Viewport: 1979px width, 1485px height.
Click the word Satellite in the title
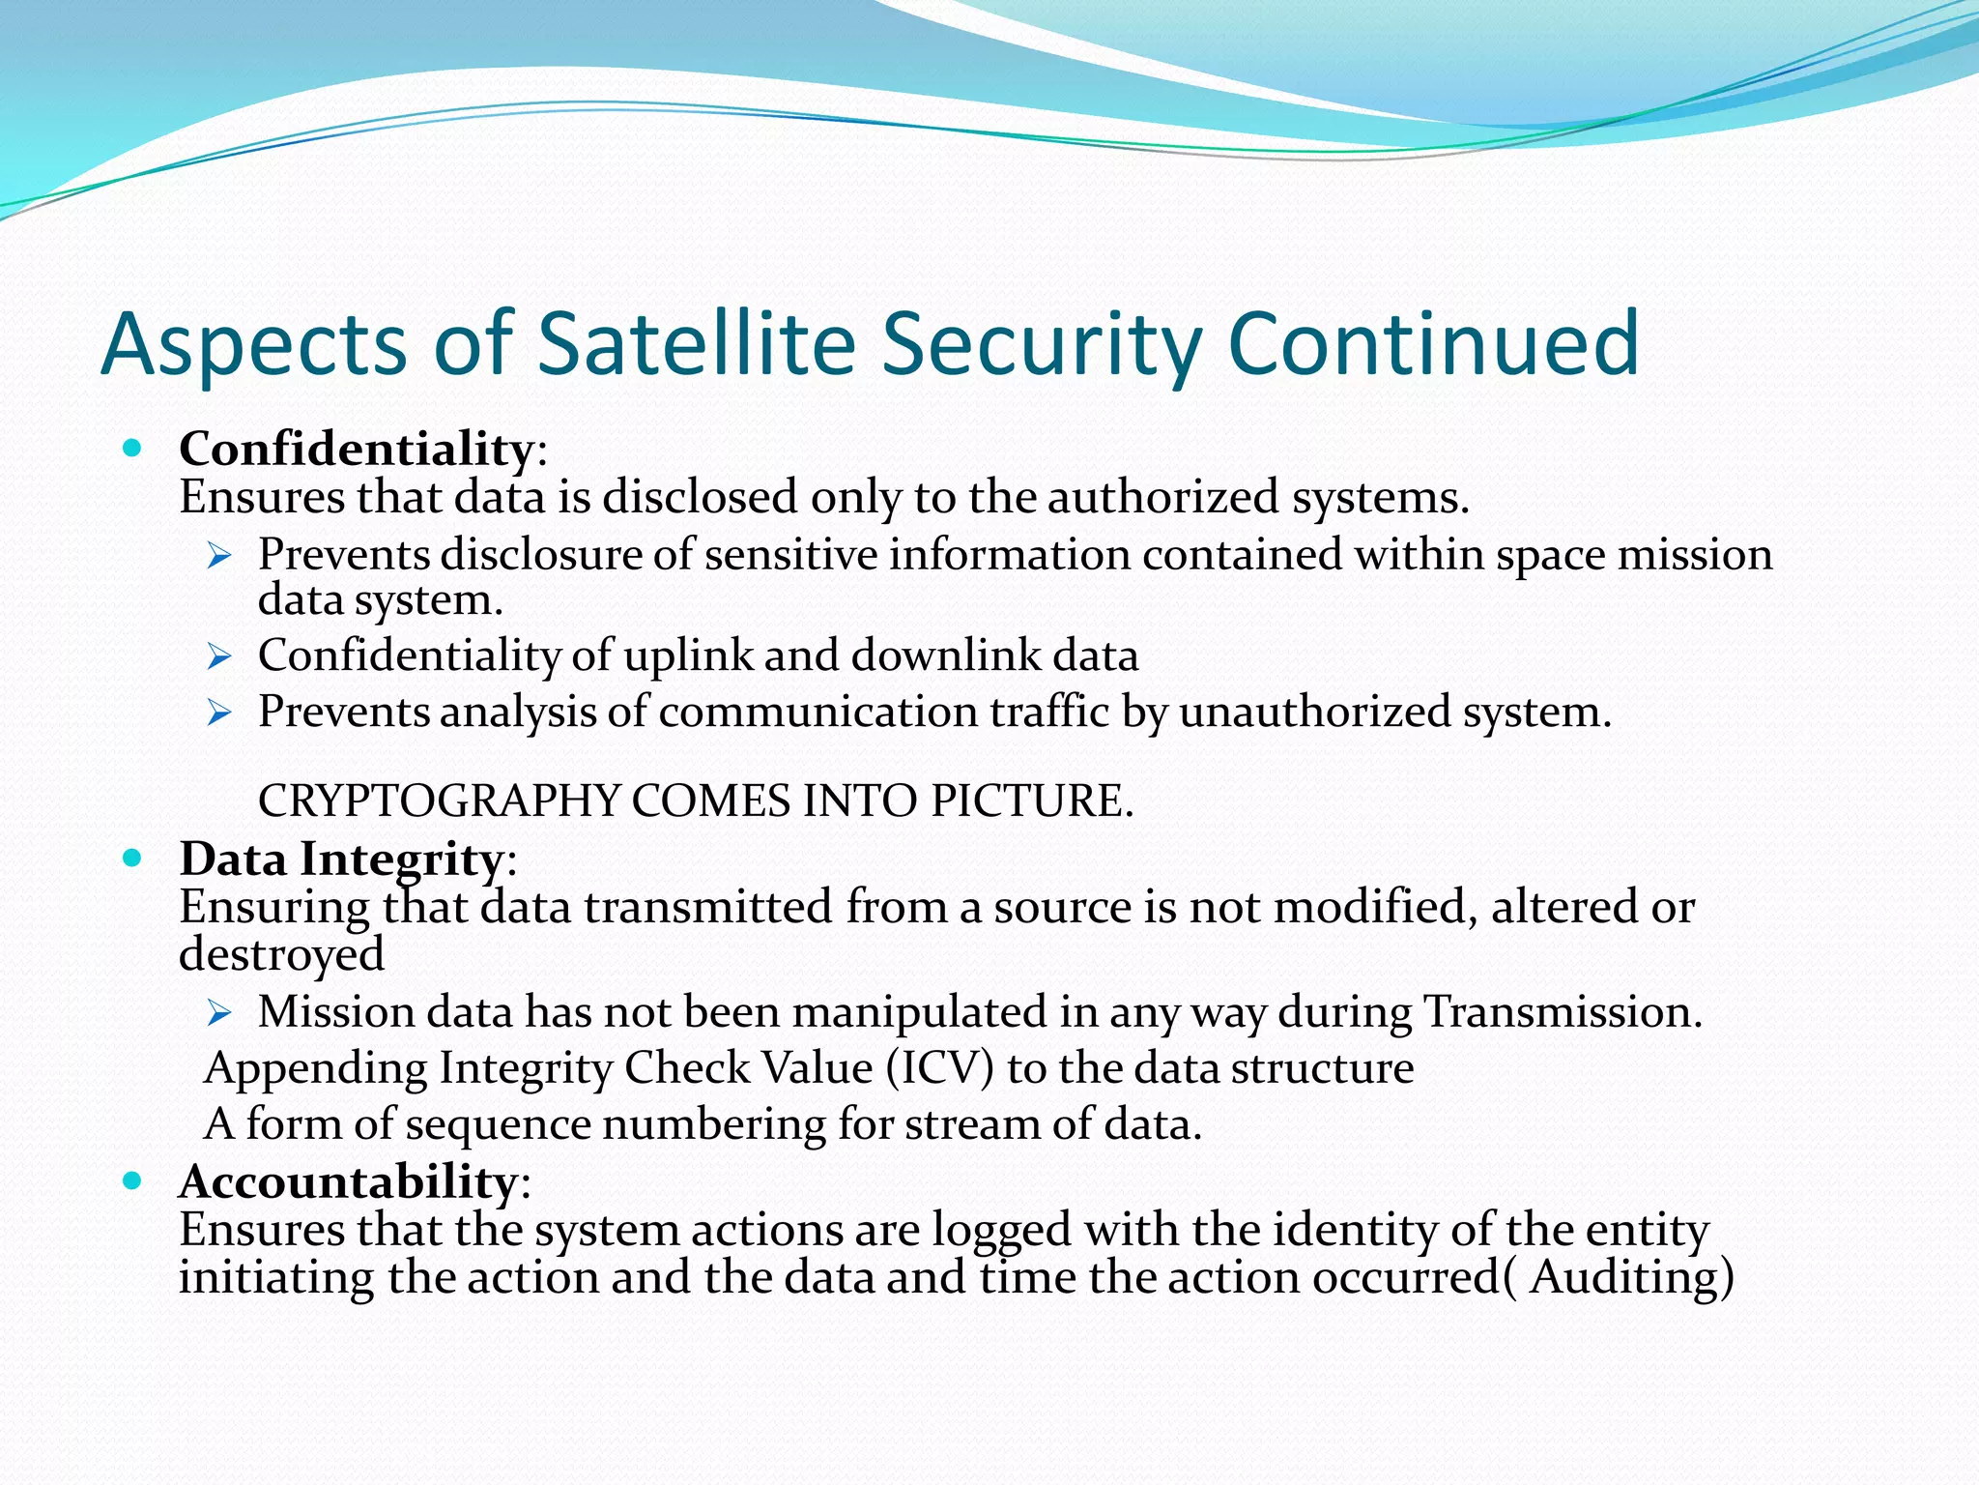click(696, 343)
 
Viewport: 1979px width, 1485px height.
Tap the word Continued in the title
click(1433, 343)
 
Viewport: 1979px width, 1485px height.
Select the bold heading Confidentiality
click(356, 450)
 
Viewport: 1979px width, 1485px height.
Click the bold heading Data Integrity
click(340, 859)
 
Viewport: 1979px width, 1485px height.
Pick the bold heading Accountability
click(348, 1181)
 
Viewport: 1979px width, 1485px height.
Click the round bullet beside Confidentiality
click(133, 449)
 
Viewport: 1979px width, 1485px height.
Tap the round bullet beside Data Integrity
click(133, 858)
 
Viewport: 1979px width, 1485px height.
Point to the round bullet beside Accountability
click(133, 1180)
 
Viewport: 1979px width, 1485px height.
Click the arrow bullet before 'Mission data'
click(219, 1013)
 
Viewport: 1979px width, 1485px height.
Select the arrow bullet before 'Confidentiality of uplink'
click(219, 657)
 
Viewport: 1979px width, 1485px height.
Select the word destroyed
click(281, 954)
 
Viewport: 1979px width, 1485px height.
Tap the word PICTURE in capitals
click(1030, 801)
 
